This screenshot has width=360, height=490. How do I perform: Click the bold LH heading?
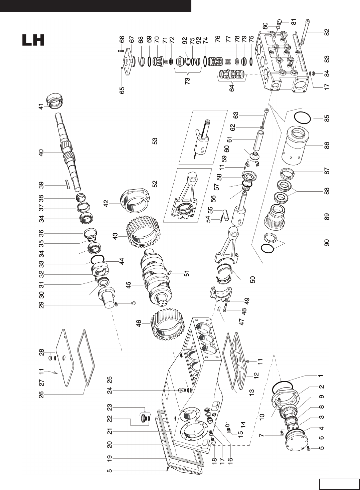pos(33,40)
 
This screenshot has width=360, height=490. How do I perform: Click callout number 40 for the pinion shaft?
pos(41,153)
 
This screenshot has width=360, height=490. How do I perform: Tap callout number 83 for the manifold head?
pos(327,59)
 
